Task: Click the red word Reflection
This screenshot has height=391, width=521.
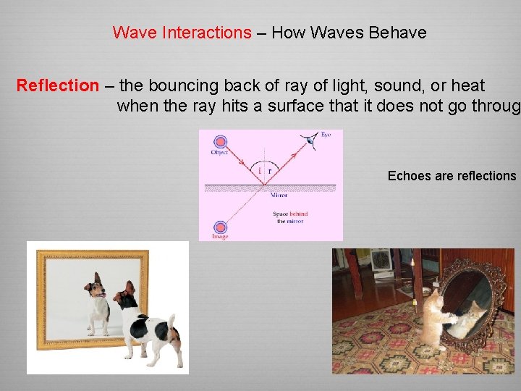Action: pos(57,85)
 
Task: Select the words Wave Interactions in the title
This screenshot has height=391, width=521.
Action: pos(182,33)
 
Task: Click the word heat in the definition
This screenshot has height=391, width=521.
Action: pos(467,85)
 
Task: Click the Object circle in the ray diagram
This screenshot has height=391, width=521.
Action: pos(219,142)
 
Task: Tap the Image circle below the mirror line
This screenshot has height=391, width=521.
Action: pos(219,227)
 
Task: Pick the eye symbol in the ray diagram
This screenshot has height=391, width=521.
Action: pos(311,140)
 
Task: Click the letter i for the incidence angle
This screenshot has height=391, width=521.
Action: pos(260,171)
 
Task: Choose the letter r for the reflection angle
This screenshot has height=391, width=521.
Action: pos(270,171)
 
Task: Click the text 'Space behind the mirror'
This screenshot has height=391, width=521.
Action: pos(290,217)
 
